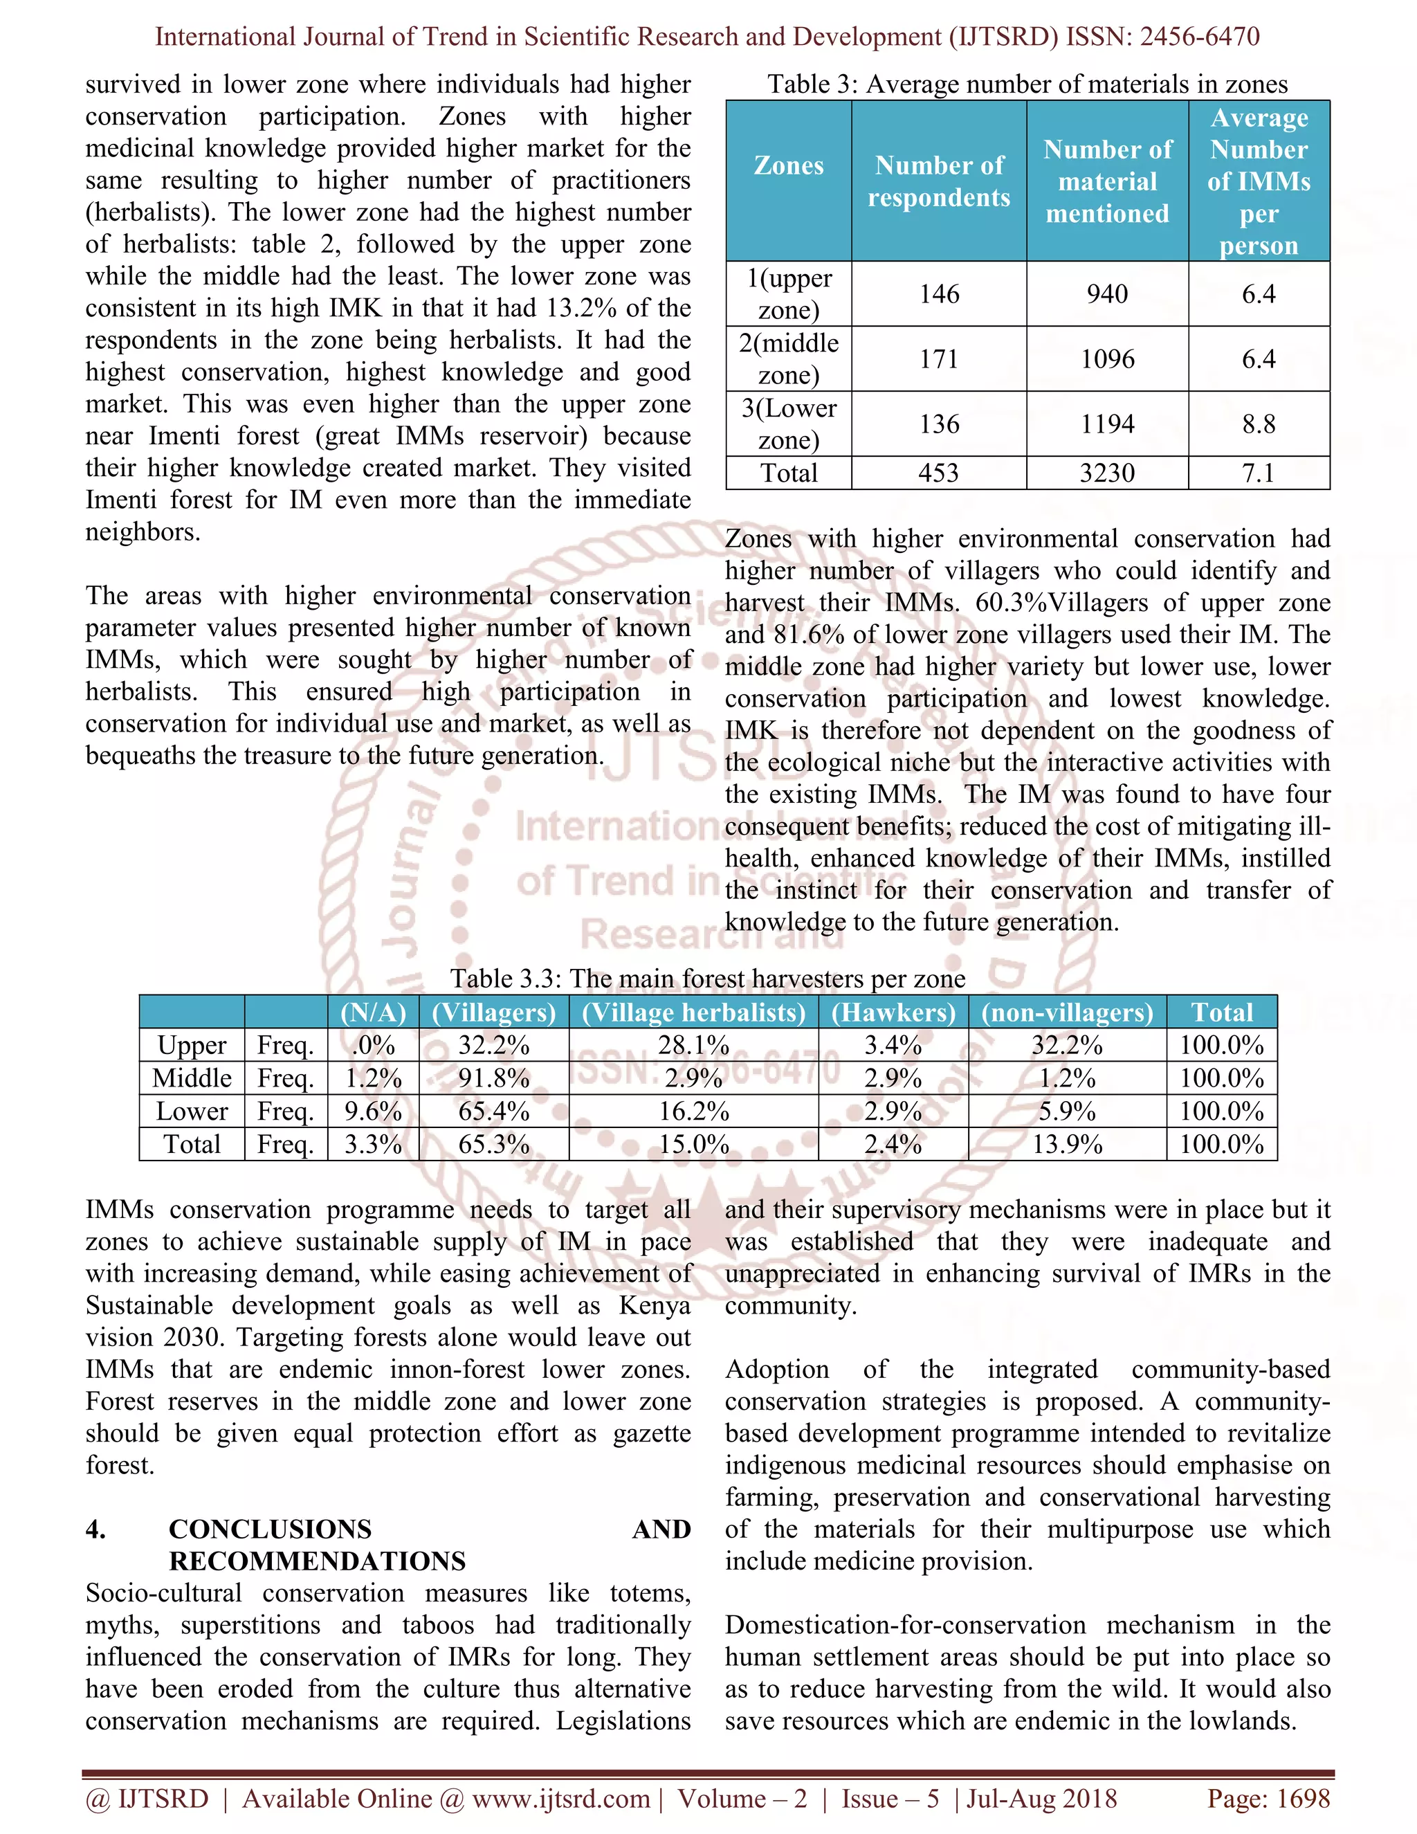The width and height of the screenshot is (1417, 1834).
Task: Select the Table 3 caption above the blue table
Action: (1027, 84)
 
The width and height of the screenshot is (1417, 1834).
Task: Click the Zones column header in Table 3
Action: (788, 165)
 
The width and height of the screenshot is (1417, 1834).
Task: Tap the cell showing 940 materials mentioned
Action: (1106, 294)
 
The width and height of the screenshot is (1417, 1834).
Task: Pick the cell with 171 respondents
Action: (938, 358)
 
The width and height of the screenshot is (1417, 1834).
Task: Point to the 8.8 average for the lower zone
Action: (1259, 424)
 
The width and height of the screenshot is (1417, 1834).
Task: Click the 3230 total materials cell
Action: (1106, 473)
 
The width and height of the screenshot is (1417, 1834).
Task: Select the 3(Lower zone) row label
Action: (788, 424)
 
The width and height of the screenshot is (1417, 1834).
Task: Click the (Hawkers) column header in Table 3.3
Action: (893, 1013)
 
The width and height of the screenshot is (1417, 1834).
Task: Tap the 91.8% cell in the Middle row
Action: (493, 1078)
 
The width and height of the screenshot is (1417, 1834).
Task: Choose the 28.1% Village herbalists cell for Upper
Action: (693, 1046)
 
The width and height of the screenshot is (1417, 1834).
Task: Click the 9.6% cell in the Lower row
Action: (373, 1111)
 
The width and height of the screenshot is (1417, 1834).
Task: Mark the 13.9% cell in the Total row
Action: (1067, 1144)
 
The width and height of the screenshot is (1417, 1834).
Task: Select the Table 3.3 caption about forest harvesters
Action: (708, 979)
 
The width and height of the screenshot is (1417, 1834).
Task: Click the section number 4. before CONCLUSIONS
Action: (95, 1529)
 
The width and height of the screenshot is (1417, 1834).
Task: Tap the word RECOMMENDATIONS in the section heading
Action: (318, 1561)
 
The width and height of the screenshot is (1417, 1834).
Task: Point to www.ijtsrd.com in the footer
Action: (560, 1799)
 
